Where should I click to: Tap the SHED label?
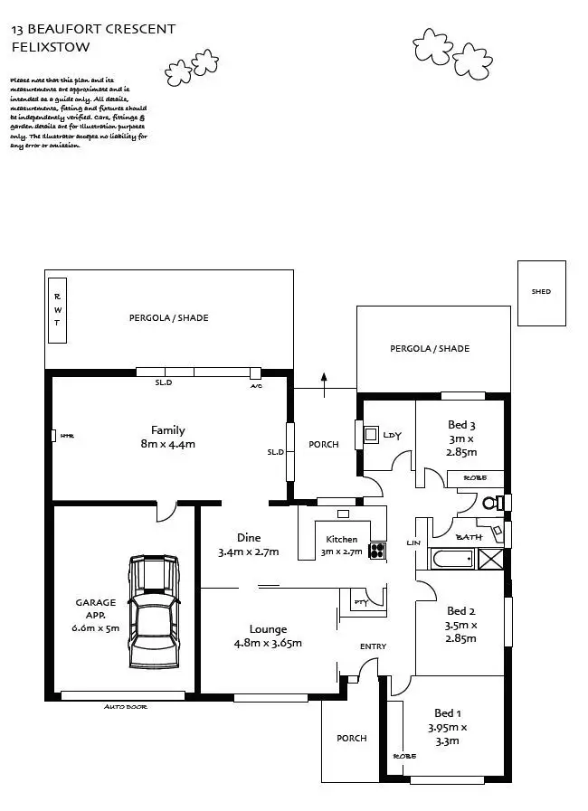pos(541,292)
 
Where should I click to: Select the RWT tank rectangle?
pos(57,310)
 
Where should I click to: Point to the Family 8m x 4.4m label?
pos(168,437)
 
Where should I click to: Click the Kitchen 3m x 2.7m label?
pos(342,545)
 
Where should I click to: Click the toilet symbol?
pos(492,502)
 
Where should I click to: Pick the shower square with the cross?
pos(491,560)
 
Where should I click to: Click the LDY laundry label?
pos(392,435)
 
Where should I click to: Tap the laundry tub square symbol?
pos(371,434)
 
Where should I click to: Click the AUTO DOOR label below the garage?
pos(126,706)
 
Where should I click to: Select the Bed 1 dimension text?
pos(448,733)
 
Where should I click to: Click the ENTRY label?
pos(373,646)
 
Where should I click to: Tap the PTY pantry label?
pos(359,601)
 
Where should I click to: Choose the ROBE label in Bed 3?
pos(475,476)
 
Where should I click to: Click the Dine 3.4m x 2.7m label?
pos(248,544)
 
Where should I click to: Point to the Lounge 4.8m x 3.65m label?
pos(269,637)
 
